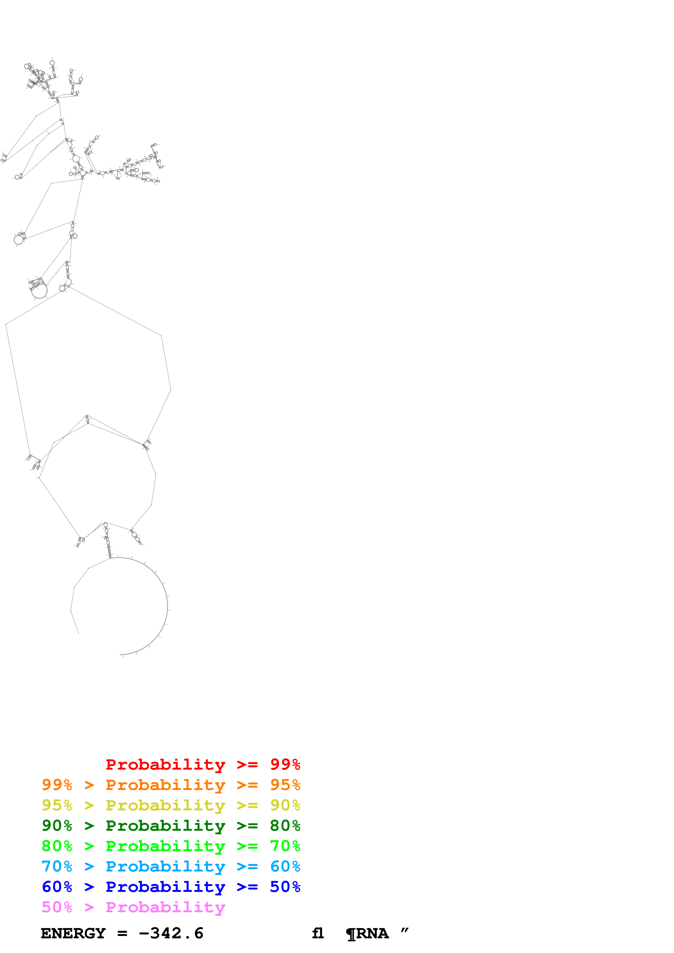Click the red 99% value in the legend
pos(285,764)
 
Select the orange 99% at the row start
pos(57,785)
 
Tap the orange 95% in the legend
pos(285,785)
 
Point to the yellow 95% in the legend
pos(57,805)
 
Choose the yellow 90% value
pos(285,805)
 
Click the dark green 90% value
pos(57,826)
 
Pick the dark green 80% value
pos(285,826)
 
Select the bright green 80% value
pos(57,846)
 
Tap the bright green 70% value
pos(285,846)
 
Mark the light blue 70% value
pos(57,866)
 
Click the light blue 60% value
pos(285,866)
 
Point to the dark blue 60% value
pos(57,887)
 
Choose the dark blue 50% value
pos(285,887)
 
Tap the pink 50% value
pos(57,907)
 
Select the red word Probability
pos(165,764)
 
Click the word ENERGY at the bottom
pos(73,933)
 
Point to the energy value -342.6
pos(171,933)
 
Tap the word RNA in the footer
pos(372,933)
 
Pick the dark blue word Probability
pos(165,887)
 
